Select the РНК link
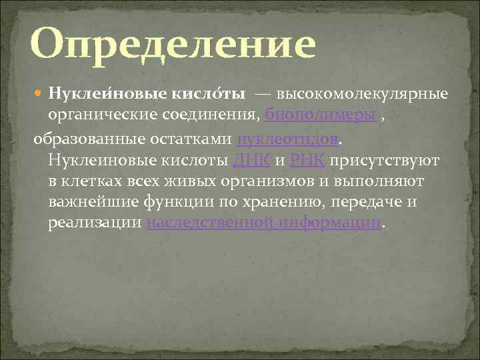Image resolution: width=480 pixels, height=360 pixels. click(307, 161)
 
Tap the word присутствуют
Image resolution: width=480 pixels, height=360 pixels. click(383, 161)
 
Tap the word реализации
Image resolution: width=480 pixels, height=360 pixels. click(94, 223)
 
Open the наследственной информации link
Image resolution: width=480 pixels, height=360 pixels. click(264, 223)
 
